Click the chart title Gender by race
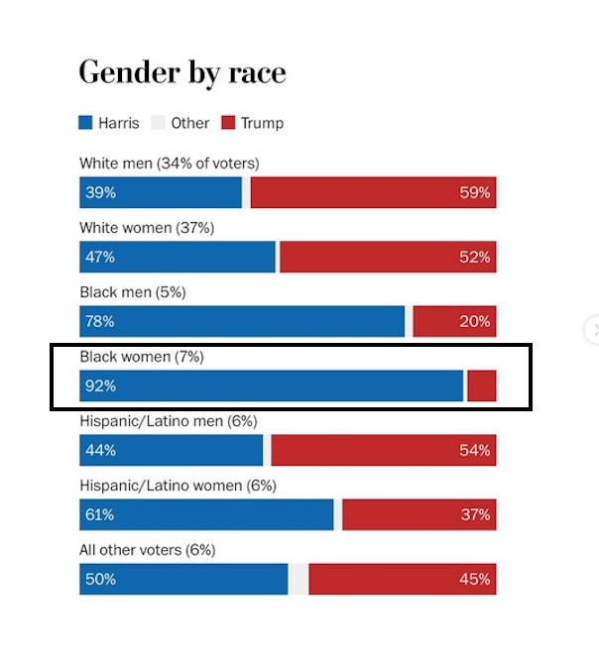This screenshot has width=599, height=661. pyautogui.click(x=182, y=72)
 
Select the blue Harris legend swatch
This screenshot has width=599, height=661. pyautogui.click(x=86, y=124)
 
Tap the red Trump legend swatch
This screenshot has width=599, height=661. pyautogui.click(x=227, y=124)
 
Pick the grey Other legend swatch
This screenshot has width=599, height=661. pyautogui.click(x=159, y=124)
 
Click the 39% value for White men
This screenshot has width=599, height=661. pyautogui.click(x=99, y=193)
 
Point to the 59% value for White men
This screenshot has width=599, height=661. pyautogui.click(x=474, y=193)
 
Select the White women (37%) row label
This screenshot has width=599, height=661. pyautogui.click(x=146, y=228)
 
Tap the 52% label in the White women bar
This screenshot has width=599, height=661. pyautogui.click(x=474, y=258)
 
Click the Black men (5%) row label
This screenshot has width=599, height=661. pyautogui.click(x=132, y=292)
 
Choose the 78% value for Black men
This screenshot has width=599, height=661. pyautogui.click(x=99, y=322)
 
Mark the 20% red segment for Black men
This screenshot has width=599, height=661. pyautogui.click(x=454, y=322)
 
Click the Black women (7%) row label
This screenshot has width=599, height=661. pyautogui.click(x=141, y=357)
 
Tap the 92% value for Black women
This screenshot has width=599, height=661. pyautogui.click(x=99, y=386)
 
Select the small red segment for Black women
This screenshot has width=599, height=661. pyautogui.click(x=482, y=386)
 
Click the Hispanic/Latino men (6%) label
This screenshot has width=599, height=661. pyautogui.click(x=168, y=421)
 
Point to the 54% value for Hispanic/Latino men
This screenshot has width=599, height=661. pyautogui.click(x=474, y=451)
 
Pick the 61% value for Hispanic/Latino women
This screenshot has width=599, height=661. pyautogui.click(x=99, y=515)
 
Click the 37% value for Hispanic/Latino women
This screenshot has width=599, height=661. pyautogui.click(x=474, y=515)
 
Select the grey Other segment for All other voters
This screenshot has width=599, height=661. pyautogui.click(x=299, y=580)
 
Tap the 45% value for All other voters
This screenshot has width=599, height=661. pyautogui.click(x=474, y=580)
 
